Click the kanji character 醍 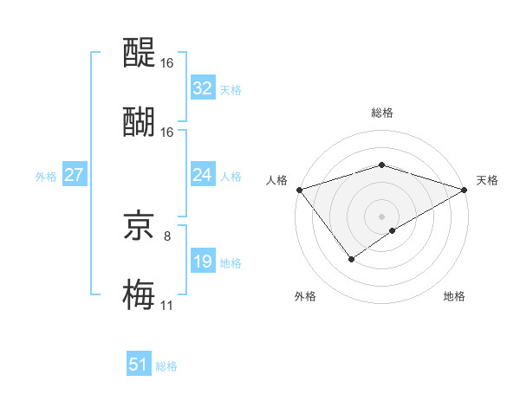pyautogui.click(x=140, y=54)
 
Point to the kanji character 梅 pyautogui.click(x=140, y=293)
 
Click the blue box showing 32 pyautogui.click(x=203, y=88)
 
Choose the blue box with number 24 pyautogui.click(x=203, y=175)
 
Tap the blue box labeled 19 pyautogui.click(x=203, y=262)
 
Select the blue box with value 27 pyautogui.click(x=75, y=175)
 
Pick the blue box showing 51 pyautogui.click(x=139, y=365)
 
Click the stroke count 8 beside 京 pyautogui.click(x=167, y=235)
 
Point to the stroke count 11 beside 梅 pyautogui.click(x=166, y=304)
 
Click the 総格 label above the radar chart pyautogui.click(x=381, y=113)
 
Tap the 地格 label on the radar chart pyautogui.click(x=454, y=296)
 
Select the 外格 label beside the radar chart pyautogui.click(x=304, y=296)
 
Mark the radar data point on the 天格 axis pyautogui.click(x=465, y=190)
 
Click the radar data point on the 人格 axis pyautogui.click(x=299, y=190)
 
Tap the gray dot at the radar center pyautogui.click(x=381, y=216)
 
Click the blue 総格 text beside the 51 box pyautogui.click(x=166, y=365)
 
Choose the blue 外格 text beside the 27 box pyautogui.click(x=46, y=176)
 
